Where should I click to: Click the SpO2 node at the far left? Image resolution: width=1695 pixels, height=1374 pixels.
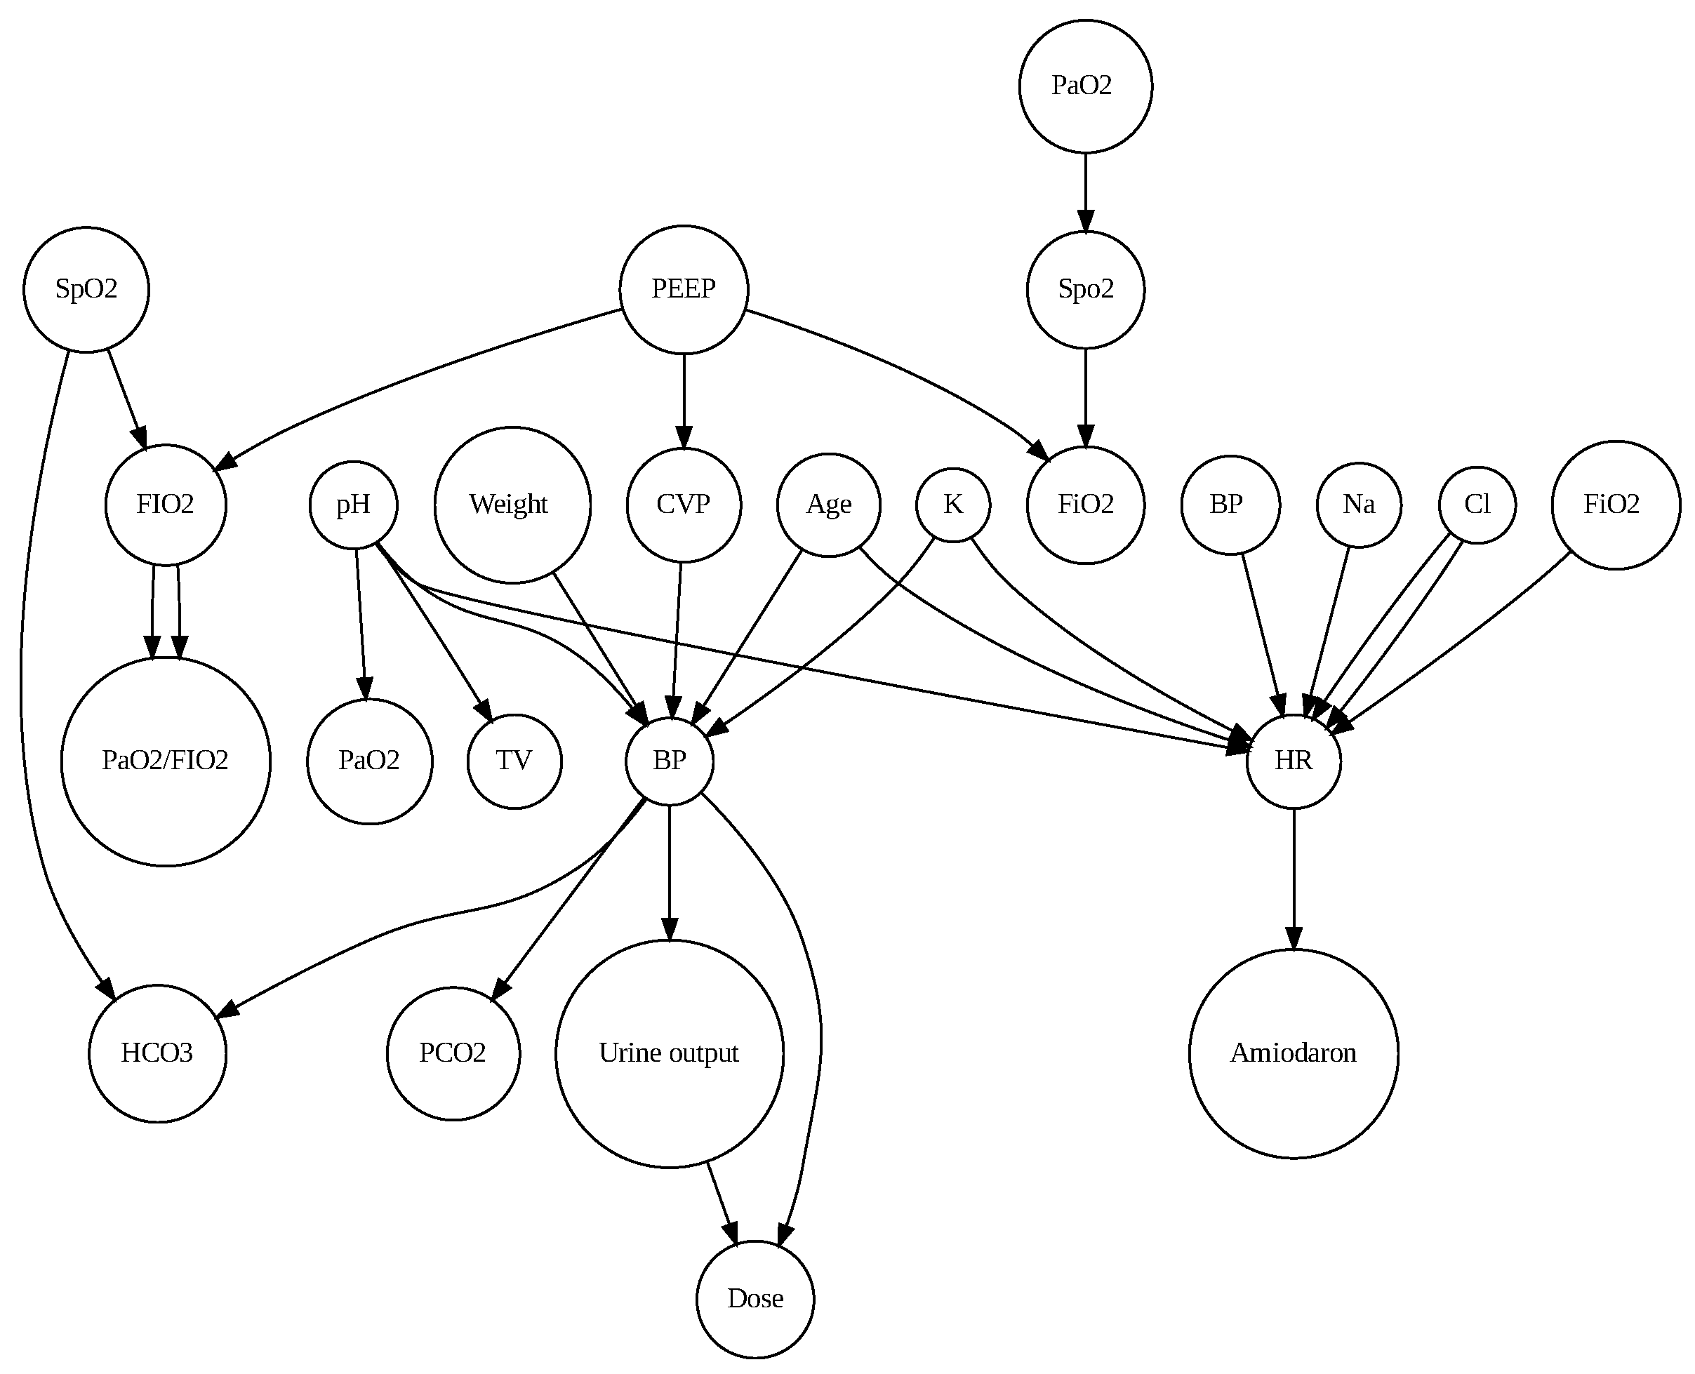86,290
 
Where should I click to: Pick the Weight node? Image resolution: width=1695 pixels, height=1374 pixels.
512,505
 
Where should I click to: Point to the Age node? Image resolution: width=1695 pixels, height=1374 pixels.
828,505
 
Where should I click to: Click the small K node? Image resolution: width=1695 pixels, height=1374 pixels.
953,505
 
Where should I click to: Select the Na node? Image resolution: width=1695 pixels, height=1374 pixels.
1359,505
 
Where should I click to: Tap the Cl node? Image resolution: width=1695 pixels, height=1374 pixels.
1477,505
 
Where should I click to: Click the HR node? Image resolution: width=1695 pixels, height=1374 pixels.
1294,761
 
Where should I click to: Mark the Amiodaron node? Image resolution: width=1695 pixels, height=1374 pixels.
1294,1053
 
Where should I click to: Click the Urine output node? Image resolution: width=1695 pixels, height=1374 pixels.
670,1053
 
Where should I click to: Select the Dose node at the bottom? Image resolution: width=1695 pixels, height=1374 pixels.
755,1300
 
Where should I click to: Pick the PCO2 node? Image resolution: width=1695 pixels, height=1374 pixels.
453,1053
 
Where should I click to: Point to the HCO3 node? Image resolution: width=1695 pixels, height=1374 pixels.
157,1053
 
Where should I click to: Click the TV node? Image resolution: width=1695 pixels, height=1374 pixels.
514,761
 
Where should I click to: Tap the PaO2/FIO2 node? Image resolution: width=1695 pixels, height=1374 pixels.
166,761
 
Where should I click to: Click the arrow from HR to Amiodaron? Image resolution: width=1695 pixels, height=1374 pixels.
1294,879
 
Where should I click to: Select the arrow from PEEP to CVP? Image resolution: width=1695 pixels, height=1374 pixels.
684,401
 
